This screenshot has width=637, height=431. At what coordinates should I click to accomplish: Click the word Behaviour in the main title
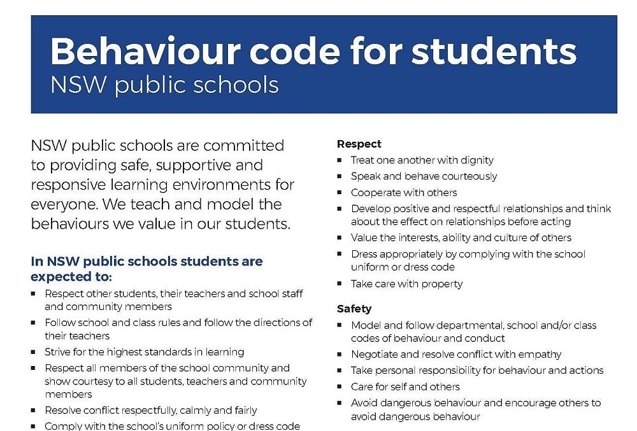pos(144,51)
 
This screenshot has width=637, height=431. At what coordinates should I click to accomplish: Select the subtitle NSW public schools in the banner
pos(164,85)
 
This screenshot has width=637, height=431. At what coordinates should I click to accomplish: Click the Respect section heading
pos(359,144)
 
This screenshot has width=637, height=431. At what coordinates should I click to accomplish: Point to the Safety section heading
pos(354,309)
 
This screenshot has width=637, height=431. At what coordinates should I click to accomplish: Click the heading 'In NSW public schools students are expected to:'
pos(147,269)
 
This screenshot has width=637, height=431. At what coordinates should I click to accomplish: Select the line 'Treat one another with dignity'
pos(422,160)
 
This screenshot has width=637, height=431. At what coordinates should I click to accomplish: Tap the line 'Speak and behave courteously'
pos(424,176)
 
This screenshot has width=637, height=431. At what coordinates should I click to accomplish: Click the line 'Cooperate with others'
pos(404,192)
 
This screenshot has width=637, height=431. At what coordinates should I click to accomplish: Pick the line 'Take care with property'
pos(406,284)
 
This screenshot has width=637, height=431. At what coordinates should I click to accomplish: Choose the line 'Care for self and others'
pos(405,386)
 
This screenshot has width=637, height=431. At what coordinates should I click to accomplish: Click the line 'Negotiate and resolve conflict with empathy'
pos(456,354)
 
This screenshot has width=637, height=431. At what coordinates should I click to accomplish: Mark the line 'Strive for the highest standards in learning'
pos(144,351)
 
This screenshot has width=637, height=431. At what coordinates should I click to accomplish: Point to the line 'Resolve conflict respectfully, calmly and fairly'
pos(151,411)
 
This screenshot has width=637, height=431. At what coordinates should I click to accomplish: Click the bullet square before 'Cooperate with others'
pos(340,193)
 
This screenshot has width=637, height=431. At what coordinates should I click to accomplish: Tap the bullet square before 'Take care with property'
pos(340,285)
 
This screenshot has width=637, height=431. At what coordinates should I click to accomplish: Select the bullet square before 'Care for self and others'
pos(340,387)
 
